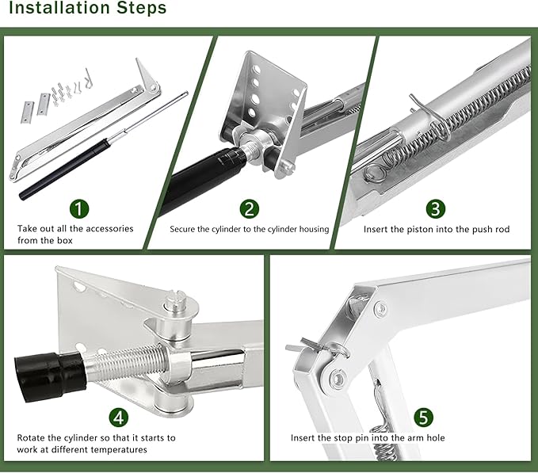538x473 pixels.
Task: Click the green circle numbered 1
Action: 79,209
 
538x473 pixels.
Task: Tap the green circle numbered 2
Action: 250,209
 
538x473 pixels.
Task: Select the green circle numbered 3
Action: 436,209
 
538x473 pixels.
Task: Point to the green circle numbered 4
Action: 119,418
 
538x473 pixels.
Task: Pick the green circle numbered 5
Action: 423,418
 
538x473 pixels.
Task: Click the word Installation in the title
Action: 59,7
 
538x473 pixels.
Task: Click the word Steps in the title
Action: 141,7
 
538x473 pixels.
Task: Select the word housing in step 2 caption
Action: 314,229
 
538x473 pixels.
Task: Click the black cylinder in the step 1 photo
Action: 65,170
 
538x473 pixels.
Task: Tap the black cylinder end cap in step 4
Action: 50,376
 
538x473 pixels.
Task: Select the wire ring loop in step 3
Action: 375,173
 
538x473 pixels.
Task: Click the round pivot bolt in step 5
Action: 337,379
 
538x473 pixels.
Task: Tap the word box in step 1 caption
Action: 65,240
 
